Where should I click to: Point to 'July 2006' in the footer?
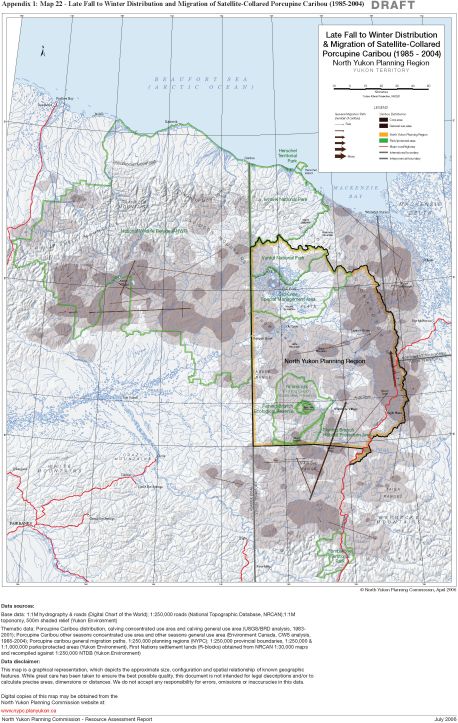tap(440, 718)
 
